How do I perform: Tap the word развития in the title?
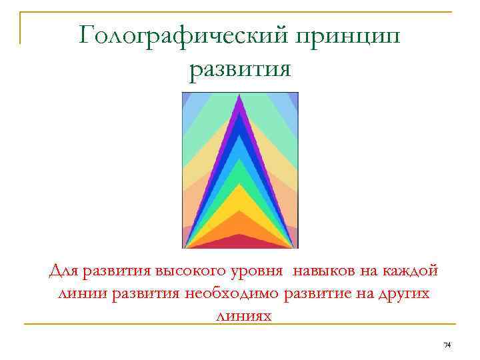pos(240,69)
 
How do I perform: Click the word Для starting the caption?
pos(64,272)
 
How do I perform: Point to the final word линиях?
pos(240,314)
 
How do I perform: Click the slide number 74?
pos(447,345)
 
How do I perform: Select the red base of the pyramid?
pos(240,241)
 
